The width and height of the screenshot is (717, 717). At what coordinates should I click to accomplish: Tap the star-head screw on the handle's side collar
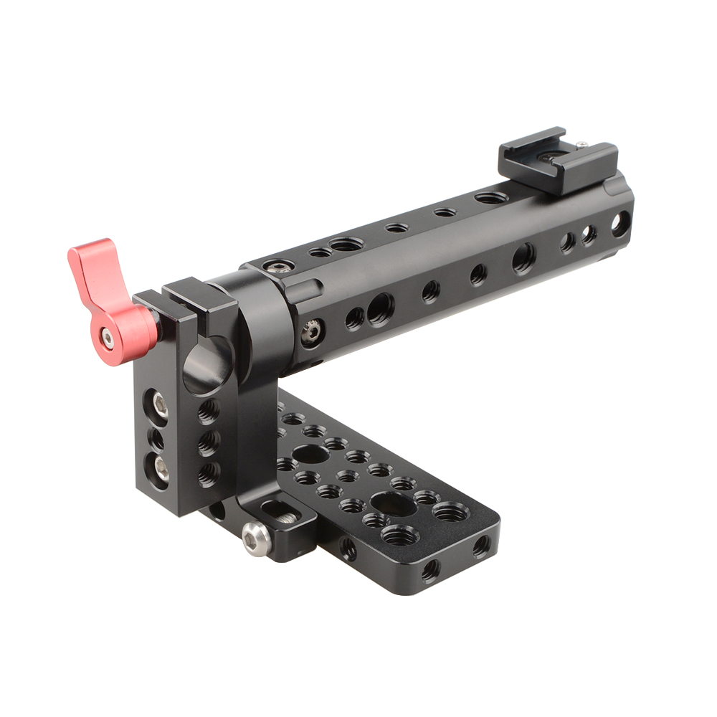[310, 332]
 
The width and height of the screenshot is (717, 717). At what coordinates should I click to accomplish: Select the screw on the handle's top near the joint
[279, 267]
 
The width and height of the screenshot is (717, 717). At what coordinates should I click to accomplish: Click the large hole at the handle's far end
[619, 224]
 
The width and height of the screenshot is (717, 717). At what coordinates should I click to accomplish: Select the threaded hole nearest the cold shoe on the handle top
[492, 197]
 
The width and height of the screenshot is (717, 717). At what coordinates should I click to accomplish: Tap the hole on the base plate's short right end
[481, 546]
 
